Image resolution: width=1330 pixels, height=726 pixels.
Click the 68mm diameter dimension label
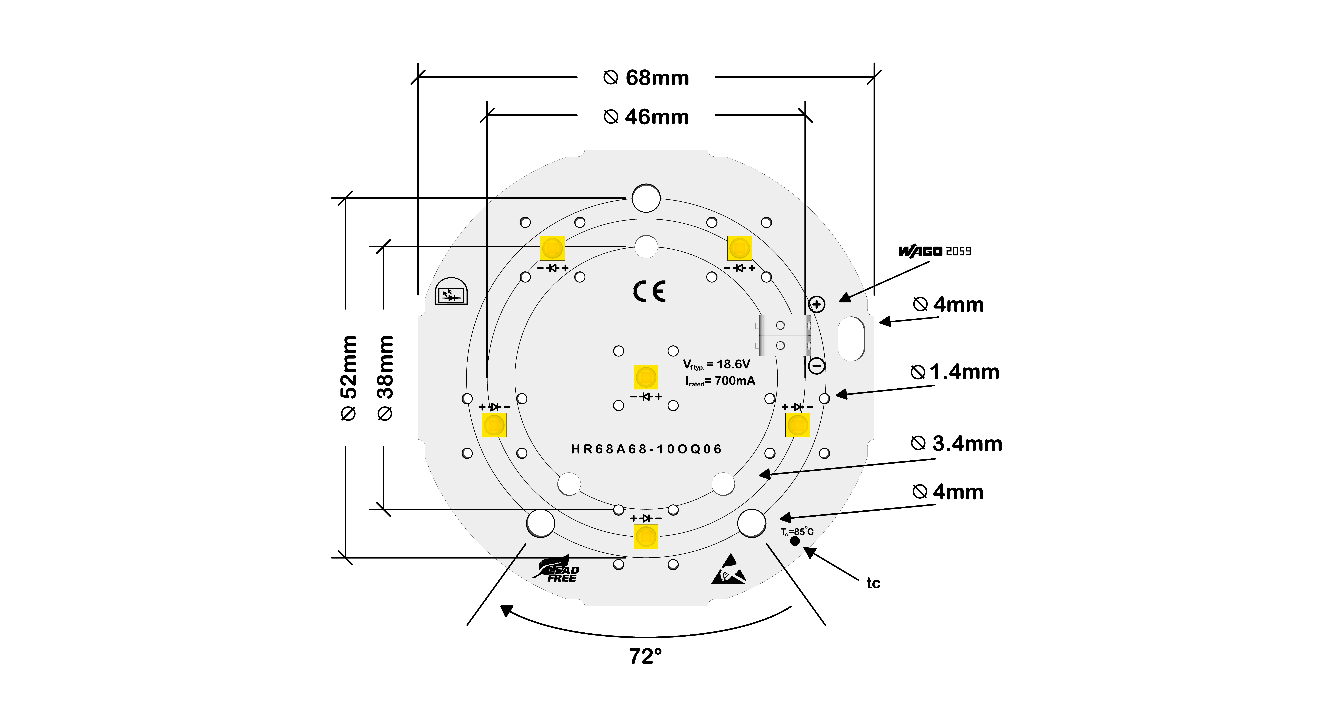646,78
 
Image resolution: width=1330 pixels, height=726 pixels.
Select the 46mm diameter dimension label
646,117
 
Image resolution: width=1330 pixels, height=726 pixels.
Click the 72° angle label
645,656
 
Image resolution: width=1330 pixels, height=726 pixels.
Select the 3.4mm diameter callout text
957,444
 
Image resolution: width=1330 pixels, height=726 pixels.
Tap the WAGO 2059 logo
935,251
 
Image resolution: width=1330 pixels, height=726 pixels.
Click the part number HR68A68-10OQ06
646,449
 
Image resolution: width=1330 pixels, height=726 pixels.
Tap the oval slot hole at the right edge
850,339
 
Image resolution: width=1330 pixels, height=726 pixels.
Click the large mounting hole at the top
646,198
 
